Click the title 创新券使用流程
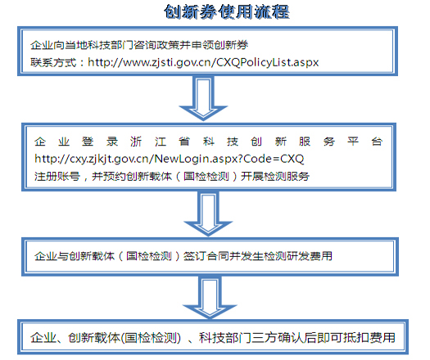227,11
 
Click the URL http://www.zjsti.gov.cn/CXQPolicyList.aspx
203,62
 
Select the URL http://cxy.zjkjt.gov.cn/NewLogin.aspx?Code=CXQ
170,159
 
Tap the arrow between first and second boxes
203,98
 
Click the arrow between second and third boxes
208,214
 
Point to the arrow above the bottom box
210,298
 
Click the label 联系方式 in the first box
53,62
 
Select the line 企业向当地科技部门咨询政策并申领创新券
139,45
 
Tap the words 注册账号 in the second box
57,177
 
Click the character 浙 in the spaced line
136,142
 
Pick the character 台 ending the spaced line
377,142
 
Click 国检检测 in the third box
149,256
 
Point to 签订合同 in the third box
206,256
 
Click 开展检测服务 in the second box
275,177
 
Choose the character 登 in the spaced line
88,142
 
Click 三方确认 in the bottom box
278,338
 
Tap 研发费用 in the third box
309,256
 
